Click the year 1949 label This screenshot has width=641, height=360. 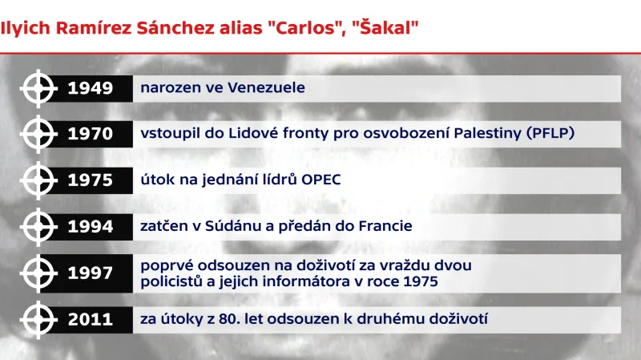[91, 88]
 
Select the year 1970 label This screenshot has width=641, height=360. [91, 134]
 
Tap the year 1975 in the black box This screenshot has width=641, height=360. [91, 180]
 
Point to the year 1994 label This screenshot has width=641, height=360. [91, 227]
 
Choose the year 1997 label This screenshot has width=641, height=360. [91, 273]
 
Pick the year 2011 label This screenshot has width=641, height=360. [91, 320]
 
